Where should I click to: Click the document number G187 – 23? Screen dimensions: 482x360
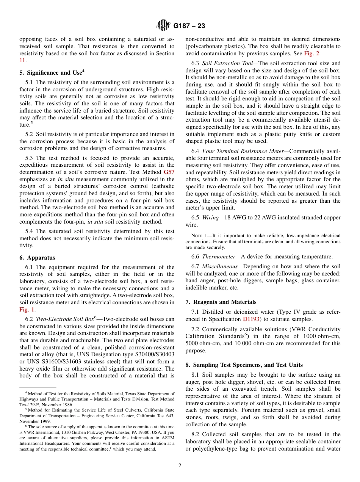[x=189, y=26]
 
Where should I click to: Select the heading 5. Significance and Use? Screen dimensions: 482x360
[x=52, y=72]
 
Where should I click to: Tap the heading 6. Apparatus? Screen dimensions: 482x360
[x=37, y=257]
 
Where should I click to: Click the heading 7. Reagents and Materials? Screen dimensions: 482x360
[x=221, y=302]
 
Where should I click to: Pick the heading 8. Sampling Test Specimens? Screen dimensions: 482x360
[x=244, y=365]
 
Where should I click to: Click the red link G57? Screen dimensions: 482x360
[x=169, y=172]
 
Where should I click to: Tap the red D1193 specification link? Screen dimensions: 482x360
[x=251, y=319]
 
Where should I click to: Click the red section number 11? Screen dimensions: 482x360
[x=22, y=60]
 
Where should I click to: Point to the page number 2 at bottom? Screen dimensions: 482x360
[x=180, y=465]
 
